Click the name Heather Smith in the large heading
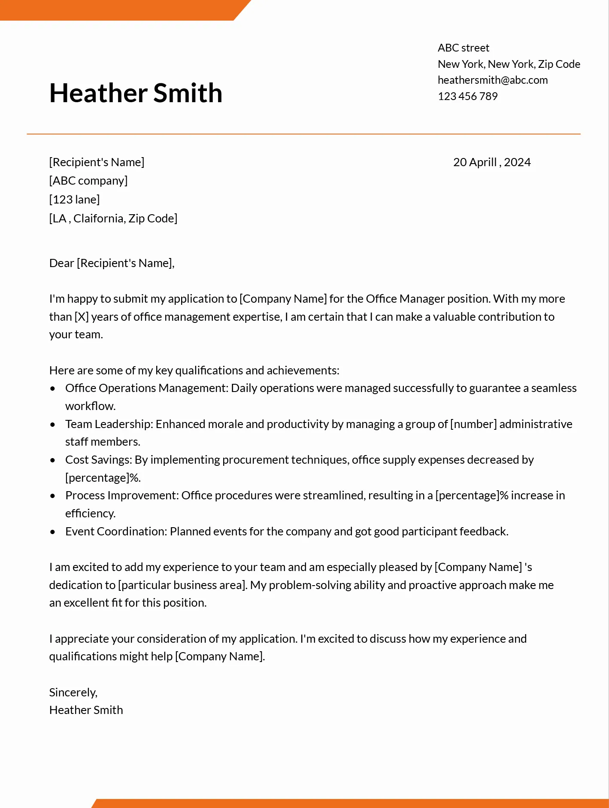(136, 93)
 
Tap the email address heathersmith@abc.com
(492, 80)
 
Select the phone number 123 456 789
(467, 96)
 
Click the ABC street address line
(463, 48)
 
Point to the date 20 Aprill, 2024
(491, 162)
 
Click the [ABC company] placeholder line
(88, 181)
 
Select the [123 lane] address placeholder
(74, 200)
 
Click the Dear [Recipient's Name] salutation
(112, 263)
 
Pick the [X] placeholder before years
(82, 317)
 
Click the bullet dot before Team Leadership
(53, 425)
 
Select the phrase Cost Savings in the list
(98, 460)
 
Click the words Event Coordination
(115, 532)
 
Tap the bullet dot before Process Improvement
(53, 496)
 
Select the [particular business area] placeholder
(182, 585)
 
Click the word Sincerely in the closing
(73, 693)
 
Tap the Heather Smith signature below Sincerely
(86, 710)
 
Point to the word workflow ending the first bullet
(90, 406)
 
